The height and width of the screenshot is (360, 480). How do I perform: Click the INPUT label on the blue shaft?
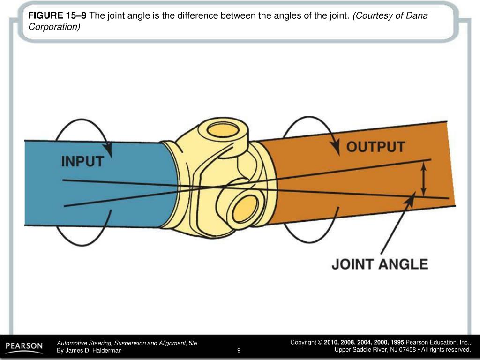[82, 161]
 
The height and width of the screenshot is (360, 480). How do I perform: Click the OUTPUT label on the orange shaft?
[375, 146]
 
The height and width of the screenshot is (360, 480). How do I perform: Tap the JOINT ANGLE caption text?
[380, 264]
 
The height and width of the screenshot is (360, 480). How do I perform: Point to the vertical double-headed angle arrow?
[424, 179]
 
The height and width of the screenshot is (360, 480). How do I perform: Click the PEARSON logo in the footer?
[24, 347]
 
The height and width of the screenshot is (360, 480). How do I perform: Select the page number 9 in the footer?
[239, 350]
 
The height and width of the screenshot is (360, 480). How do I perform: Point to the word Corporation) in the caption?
[54, 27]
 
